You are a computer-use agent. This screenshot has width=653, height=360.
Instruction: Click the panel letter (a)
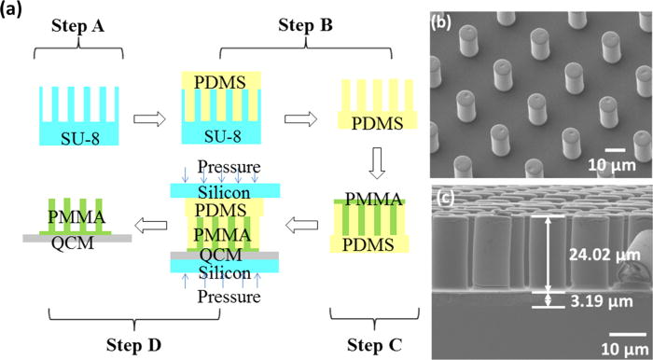pos(18,12)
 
